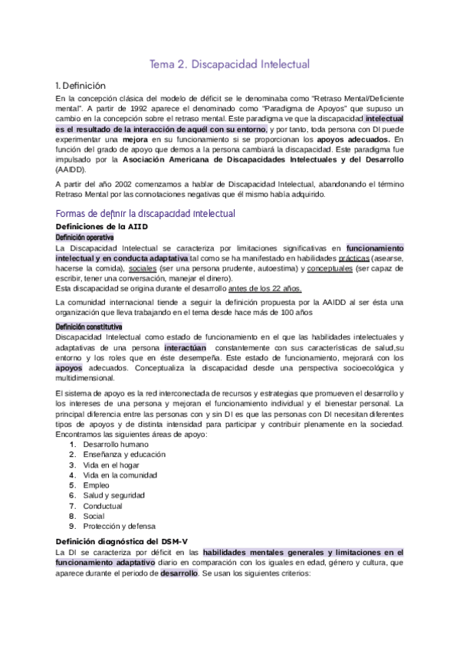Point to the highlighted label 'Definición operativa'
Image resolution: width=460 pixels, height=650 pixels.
pos(85,238)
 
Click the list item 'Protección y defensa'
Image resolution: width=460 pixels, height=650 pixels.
pos(120,527)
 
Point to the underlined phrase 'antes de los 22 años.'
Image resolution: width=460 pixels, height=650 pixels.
pos(264,289)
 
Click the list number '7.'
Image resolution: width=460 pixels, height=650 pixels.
pos(72,506)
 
